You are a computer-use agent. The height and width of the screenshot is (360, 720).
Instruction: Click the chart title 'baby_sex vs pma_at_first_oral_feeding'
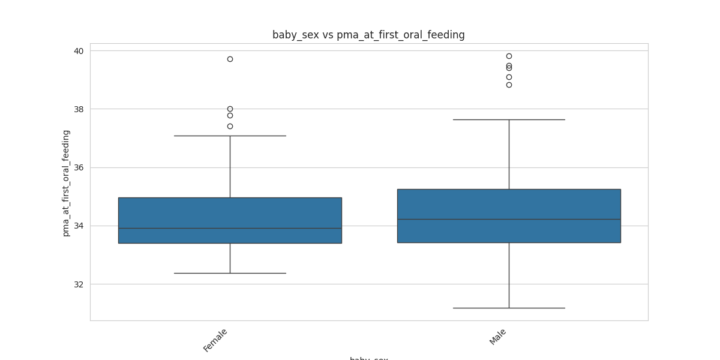tap(368, 35)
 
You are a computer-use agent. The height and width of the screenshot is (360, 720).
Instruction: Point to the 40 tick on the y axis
tap(79, 51)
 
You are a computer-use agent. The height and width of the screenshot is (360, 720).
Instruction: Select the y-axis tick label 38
tap(79, 109)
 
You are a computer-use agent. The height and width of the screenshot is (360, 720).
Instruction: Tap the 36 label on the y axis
tap(79, 167)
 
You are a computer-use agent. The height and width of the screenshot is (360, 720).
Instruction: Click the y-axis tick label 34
tap(79, 226)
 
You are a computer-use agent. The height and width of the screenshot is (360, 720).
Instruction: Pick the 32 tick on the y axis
tap(79, 284)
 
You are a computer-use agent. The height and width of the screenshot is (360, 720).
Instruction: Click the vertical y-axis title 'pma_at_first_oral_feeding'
tap(66, 183)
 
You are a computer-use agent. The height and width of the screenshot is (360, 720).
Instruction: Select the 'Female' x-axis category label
tap(216, 340)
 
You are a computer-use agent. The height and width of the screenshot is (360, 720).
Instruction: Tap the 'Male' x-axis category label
tap(499, 337)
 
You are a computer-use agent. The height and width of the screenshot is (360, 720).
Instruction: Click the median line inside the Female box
tap(230, 228)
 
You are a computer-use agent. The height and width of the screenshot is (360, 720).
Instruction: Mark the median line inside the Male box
tap(509, 219)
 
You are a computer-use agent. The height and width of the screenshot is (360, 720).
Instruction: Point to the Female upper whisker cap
tap(230, 136)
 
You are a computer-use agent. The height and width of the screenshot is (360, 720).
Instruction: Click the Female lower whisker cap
tap(230, 273)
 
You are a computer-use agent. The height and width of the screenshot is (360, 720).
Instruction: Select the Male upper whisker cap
tap(509, 119)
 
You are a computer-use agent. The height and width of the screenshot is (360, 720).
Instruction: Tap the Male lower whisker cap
tap(509, 308)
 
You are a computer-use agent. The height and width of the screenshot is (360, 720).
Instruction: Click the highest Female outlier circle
tap(230, 59)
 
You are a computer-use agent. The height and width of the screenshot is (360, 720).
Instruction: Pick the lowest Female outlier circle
tap(230, 126)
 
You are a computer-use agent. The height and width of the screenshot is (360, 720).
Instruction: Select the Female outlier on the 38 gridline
tap(230, 109)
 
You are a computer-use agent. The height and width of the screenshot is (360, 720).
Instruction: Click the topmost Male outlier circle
tap(509, 56)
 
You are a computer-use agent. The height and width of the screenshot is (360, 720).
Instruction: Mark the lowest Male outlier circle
tap(509, 85)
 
